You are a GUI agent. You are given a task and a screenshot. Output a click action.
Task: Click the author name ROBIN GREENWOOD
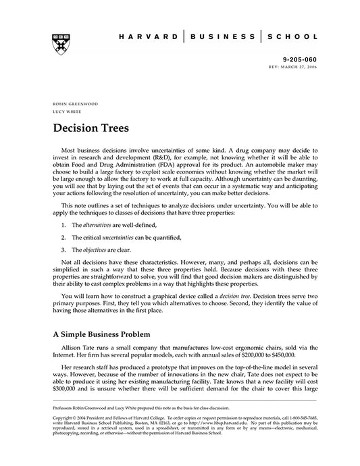(x=75, y=104)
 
